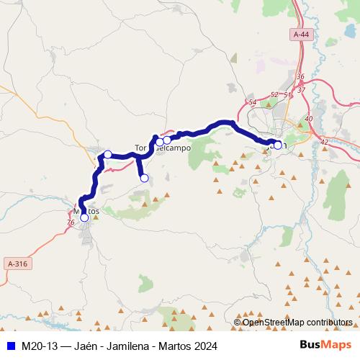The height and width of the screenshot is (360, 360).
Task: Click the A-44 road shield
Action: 301,34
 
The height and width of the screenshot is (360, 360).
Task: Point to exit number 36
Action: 300,76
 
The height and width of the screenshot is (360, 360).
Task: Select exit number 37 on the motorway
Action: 301,89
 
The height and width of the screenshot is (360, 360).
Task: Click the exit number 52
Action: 274,94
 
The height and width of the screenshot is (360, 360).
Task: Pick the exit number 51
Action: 287,94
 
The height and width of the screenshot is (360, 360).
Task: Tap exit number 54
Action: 252,103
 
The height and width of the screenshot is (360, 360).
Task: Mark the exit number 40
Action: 309,119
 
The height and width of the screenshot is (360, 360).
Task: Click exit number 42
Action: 323,142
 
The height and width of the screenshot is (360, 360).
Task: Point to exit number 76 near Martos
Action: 70,223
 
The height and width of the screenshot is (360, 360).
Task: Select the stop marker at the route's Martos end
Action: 84,217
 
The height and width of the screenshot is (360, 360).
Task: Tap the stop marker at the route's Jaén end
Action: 278,145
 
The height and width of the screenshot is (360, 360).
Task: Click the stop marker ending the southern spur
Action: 144,178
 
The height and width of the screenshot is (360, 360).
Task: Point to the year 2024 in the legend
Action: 204,345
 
